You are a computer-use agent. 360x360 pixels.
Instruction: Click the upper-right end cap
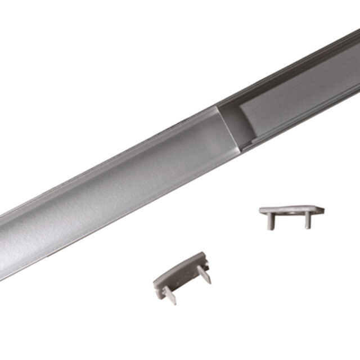[291, 213]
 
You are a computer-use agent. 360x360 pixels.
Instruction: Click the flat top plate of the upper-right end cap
[291, 210]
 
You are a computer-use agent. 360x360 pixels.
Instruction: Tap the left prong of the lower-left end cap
[168, 294]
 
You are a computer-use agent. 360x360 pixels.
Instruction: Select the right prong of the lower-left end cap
[205, 274]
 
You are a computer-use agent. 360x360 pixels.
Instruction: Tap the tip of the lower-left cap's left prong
[173, 301]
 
